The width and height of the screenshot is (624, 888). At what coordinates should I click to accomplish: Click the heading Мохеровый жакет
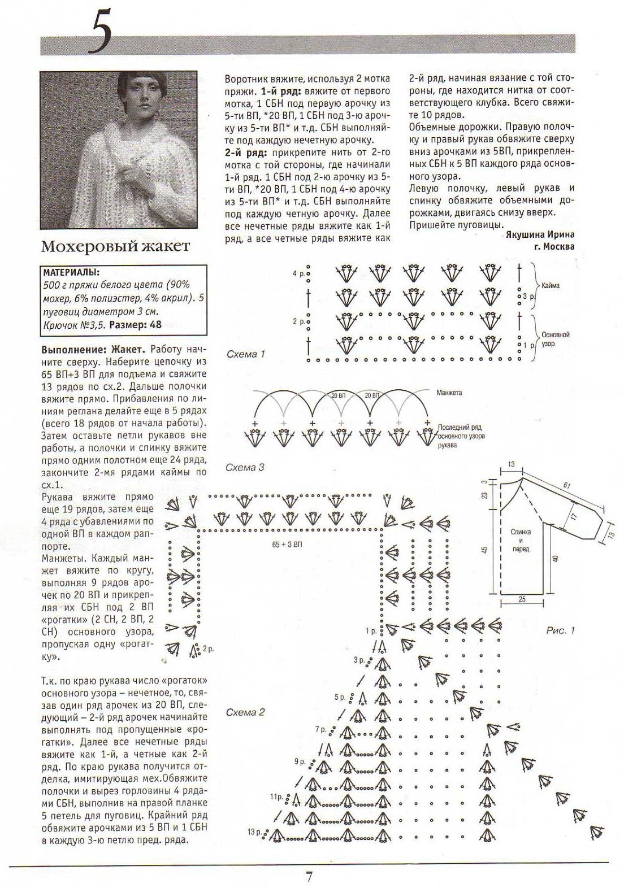[x=116, y=246]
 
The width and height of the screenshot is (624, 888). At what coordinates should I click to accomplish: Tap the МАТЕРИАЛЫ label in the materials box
[x=71, y=272]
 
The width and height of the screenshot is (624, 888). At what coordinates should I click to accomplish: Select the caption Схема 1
[x=245, y=354]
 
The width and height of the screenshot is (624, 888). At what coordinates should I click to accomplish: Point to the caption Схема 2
[x=245, y=712]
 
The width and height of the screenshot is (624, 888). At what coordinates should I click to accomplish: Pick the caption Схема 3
[x=245, y=467]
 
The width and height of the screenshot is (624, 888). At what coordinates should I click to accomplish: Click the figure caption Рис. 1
[x=560, y=630]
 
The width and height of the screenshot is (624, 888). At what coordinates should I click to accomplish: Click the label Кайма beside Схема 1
[x=550, y=286]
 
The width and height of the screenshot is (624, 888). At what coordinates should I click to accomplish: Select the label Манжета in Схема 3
[x=449, y=392]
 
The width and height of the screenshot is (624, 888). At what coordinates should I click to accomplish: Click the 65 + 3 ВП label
[x=287, y=545]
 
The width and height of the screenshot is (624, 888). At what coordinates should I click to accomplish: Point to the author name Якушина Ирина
[x=540, y=235]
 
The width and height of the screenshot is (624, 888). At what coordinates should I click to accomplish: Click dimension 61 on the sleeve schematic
[x=566, y=485]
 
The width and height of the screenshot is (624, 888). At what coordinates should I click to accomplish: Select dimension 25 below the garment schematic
[x=522, y=599]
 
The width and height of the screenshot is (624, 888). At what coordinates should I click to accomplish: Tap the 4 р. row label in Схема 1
[x=298, y=273]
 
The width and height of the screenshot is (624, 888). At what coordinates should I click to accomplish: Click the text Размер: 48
[x=135, y=325]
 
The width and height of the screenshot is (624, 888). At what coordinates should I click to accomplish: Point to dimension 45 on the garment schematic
[x=484, y=550]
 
